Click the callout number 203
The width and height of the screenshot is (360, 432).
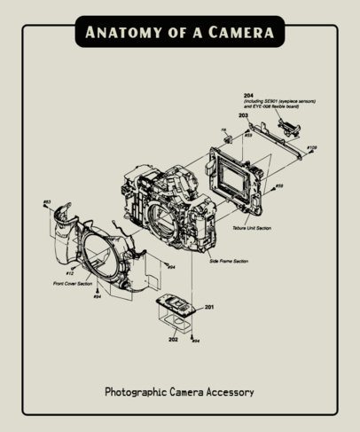(x=243, y=115)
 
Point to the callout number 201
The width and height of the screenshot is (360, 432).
(x=208, y=307)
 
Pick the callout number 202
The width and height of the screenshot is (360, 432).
(x=174, y=338)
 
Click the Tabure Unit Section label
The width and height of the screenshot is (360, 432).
(x=252, y=228)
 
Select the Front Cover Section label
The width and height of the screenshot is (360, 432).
(x=72, y=284)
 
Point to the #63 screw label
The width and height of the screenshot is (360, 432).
(x=48, y=203)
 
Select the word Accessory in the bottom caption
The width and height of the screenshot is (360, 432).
(x=230, y=390)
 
